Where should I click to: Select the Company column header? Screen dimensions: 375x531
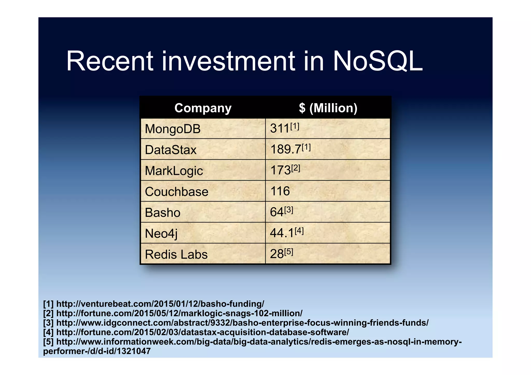tap(203, 108)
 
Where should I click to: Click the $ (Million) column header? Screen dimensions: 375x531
tap(328, 108)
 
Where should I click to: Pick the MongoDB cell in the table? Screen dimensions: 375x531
tap(173, 129)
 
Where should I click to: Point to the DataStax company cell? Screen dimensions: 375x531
tap(171, 150)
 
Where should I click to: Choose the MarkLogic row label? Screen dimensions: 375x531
tap(174, 171)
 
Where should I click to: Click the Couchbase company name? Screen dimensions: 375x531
tap(177, 192)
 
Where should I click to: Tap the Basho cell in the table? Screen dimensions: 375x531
tap(163, 213)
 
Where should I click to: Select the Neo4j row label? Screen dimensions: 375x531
tap(161, 234)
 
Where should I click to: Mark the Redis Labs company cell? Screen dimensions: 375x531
tap(176, 254)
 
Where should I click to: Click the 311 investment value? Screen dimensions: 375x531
tap(280, 129)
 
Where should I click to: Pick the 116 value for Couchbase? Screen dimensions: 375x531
tap(280, 191)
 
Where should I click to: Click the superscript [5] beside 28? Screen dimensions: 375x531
tap(289, 252)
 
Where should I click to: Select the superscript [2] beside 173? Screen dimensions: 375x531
tap(296, 168)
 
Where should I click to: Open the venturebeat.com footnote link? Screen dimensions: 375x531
tap(160, 303)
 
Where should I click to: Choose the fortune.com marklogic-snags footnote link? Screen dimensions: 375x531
tap(179, 313)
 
